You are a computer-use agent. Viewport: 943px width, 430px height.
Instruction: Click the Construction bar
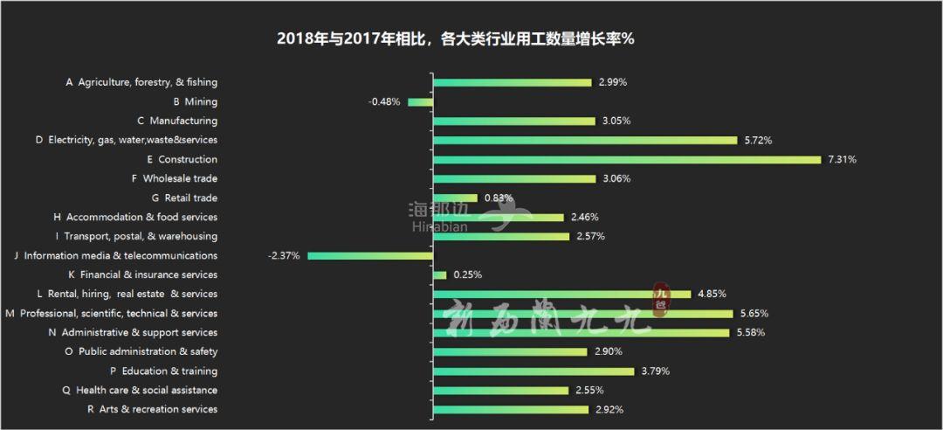tap(627, 160)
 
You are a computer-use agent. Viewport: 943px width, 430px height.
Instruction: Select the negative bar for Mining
tap(420, 102)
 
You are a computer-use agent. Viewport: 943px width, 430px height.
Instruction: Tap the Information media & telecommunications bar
tap(370, 256)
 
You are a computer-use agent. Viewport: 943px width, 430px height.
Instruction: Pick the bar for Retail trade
tap(455, 198)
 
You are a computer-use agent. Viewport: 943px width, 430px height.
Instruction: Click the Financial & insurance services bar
tap(439, 275)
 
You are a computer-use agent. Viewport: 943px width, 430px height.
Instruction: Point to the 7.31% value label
tap(842, 160)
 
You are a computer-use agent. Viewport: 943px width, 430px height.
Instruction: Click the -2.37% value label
tap(285, 256)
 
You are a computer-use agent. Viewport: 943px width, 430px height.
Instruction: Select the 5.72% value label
tap(758, 141)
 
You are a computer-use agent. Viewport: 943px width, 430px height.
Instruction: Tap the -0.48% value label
tap(384, 102)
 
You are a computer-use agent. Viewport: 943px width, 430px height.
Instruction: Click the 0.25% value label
tap(467, 275)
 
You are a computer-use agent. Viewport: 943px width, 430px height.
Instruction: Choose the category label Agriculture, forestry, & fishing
tap(141, 83)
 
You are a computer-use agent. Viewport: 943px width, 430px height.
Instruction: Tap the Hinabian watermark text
tap(438, 226)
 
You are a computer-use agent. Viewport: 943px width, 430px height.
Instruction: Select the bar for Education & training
tap(533, 371)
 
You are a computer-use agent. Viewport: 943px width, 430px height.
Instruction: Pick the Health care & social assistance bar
tap(500, 391)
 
